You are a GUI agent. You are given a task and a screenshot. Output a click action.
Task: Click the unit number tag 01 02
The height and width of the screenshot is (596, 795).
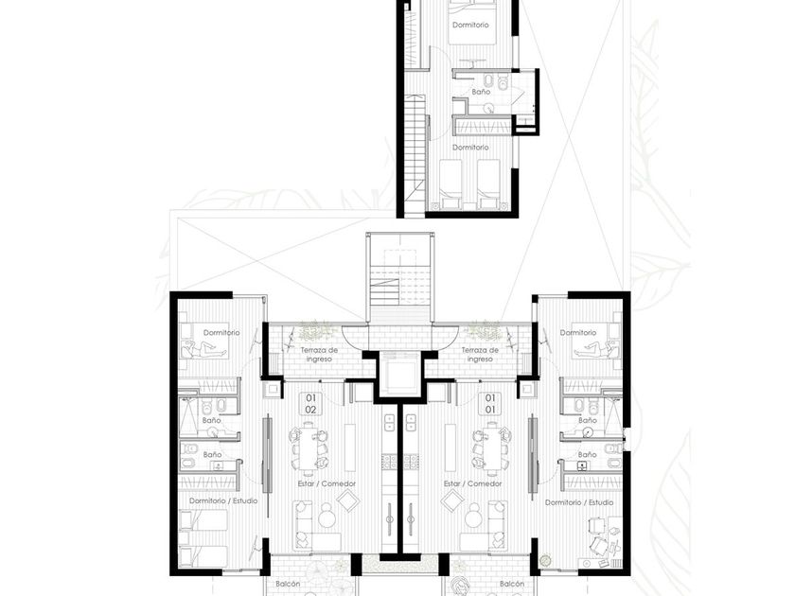(x=310, y=403)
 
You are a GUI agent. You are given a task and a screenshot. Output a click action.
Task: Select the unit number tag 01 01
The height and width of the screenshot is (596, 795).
(x=490, y=403)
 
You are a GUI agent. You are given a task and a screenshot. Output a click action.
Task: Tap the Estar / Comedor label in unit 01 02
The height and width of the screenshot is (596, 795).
(x=327, y=483)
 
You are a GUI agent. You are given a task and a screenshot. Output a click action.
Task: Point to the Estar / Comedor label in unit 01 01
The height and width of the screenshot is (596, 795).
(x=472, y=483)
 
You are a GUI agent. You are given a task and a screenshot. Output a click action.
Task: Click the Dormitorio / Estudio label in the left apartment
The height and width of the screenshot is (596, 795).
(x=223, y=500)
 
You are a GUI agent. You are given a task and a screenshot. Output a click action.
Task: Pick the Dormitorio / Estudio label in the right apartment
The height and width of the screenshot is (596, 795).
(x=579, y=502)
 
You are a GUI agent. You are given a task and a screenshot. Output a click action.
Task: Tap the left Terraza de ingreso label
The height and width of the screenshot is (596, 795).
(x=319, y=354)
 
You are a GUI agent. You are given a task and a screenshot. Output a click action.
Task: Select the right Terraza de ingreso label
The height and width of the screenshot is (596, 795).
(x=480, y=354)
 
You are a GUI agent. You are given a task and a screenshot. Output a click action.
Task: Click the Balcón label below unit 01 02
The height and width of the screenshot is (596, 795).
(x=288, y=584)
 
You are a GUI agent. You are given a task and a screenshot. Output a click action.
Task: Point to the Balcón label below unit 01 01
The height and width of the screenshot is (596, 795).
(x=512, y=584)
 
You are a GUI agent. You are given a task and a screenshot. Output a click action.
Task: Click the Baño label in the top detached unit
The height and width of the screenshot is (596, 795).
(x=481, y=92)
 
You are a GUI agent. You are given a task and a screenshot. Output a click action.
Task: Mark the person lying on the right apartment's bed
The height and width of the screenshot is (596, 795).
(x=594, y=349)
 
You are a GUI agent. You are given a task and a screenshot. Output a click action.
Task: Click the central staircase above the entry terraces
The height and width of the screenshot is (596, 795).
(x=400, y=284)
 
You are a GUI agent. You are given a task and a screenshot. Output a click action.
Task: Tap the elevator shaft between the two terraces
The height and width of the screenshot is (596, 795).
(x=400, y=374)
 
